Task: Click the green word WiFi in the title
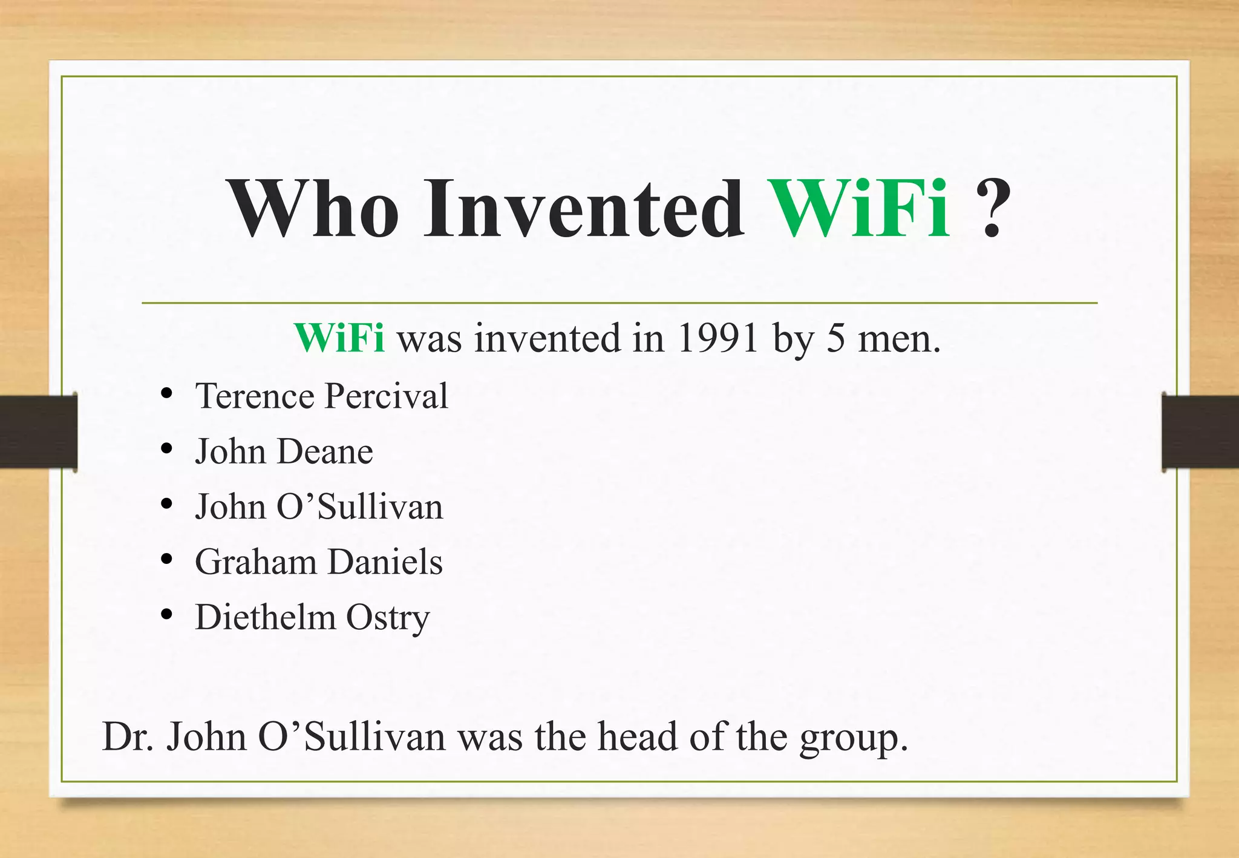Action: tap(859, 209)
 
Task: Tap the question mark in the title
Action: tap(992, 209)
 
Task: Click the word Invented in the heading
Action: tap(584, 209)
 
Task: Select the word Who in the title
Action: tap(313, 209)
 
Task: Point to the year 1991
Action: tap(718, 338)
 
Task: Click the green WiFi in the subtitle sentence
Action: tap(339, 338)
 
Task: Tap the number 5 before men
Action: tap(835, 338)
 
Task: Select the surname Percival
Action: tap(387, 396)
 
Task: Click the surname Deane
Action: tap(325, 452)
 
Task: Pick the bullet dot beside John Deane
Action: tap(167, 448)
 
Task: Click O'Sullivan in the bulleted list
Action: tap(360, 507)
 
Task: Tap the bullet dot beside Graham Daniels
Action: tap(167, 558)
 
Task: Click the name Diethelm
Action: tap(265, 618)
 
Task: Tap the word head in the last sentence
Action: tap(638, 737)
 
